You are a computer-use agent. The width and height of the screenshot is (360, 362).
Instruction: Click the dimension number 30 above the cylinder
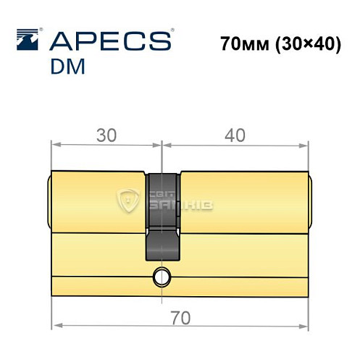pos(106,135)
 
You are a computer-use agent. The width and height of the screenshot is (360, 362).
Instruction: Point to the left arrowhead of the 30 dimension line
pos(54,145)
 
